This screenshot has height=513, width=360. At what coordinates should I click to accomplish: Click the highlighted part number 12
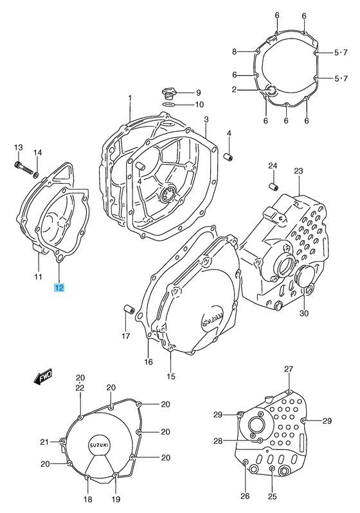coord(59,288)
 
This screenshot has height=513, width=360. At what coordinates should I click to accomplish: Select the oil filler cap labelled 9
coord(168,93)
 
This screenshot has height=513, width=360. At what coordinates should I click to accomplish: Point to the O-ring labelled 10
coord(168,105)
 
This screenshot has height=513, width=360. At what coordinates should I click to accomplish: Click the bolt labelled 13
coord(24,168)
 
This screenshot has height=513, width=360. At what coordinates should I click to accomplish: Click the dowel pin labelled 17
coord(129,309)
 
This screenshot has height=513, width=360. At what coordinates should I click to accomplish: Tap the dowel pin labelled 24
coord(273,187)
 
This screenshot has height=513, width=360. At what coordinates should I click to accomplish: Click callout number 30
coord(304,313)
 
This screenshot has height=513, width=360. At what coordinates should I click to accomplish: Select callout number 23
coord(298,171)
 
